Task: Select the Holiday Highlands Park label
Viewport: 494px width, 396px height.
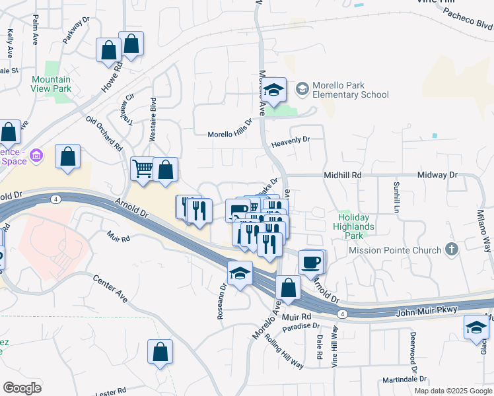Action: click(356, 222)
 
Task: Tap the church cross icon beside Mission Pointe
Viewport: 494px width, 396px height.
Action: click(452, 249)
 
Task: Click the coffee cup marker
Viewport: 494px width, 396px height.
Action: click(310, 262)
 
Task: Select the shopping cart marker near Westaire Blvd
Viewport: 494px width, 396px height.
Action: click(142, 169)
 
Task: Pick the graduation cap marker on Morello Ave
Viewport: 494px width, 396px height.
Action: click(275, 90)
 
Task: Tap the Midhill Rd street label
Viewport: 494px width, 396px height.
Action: click(343, 176)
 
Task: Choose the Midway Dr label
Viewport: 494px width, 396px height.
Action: click(438, 176)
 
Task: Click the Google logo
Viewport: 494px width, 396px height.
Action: click(22, 387)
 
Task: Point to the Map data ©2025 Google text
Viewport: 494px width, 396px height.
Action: click(453, 390)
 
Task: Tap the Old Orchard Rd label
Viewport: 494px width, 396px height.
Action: click(104, 134)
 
